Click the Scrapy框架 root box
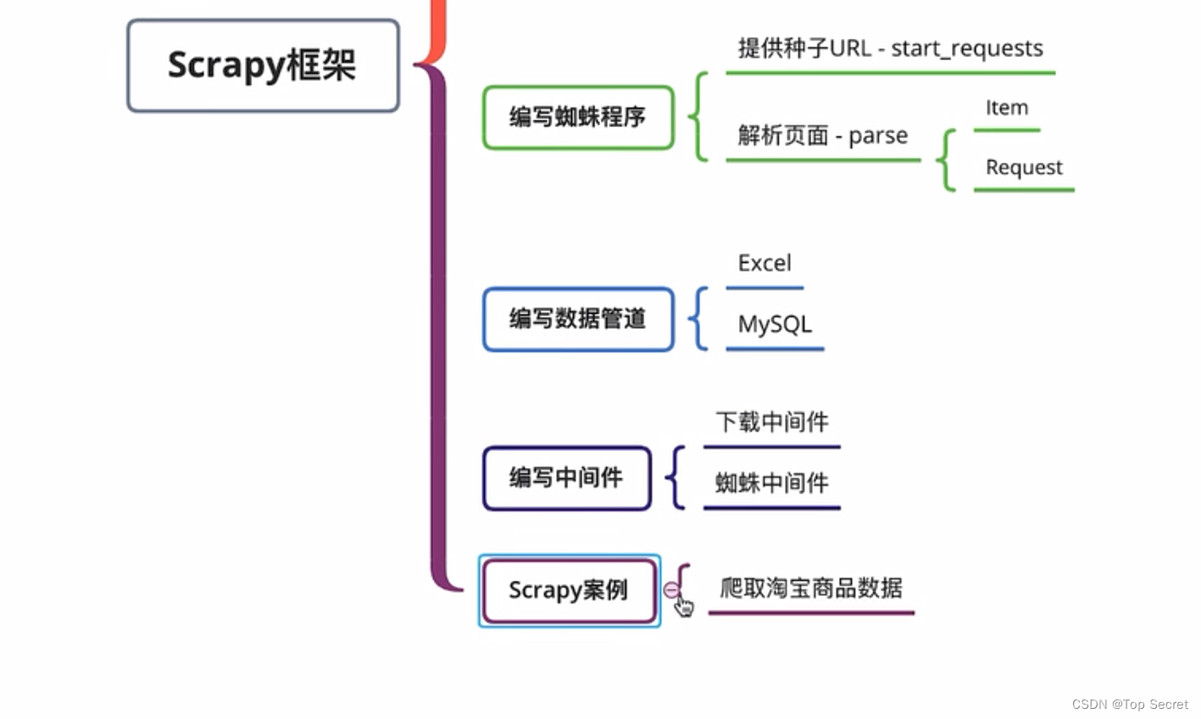point(263,65)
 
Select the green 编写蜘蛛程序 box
point(578,117)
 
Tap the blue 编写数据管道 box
point(578,319)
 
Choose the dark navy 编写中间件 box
point(566,478)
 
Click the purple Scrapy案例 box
point(569,590)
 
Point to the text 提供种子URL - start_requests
point(890,48)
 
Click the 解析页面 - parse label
point(822,136)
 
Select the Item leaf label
point(1006,108)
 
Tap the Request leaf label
point(1024,167)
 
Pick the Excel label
point(765,263)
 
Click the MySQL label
point(775,324)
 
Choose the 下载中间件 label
point(771,422)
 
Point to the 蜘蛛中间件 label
point(771,483)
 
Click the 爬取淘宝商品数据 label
point(811,588)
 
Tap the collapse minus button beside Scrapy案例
point(670,589)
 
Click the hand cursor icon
point(683,605)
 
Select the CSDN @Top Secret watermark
point(1129,705)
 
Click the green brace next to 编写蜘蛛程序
point(699,117)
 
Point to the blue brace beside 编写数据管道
point(699,319)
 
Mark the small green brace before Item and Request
point(947,160)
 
